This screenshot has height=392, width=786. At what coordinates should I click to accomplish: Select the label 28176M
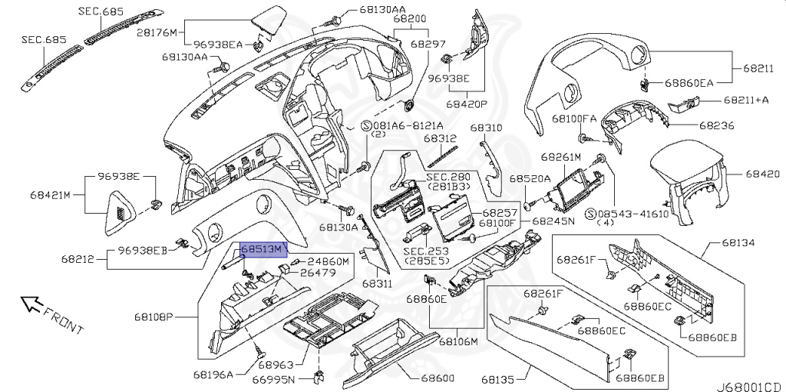click(157, 32)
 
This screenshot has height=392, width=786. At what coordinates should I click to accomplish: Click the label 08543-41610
click(632, 212)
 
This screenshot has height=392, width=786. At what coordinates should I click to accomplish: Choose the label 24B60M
click(329, 261)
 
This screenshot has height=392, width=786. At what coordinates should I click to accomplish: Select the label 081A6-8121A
click(408, 125)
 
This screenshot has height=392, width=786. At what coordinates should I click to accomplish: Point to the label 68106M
click(458, 341)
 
